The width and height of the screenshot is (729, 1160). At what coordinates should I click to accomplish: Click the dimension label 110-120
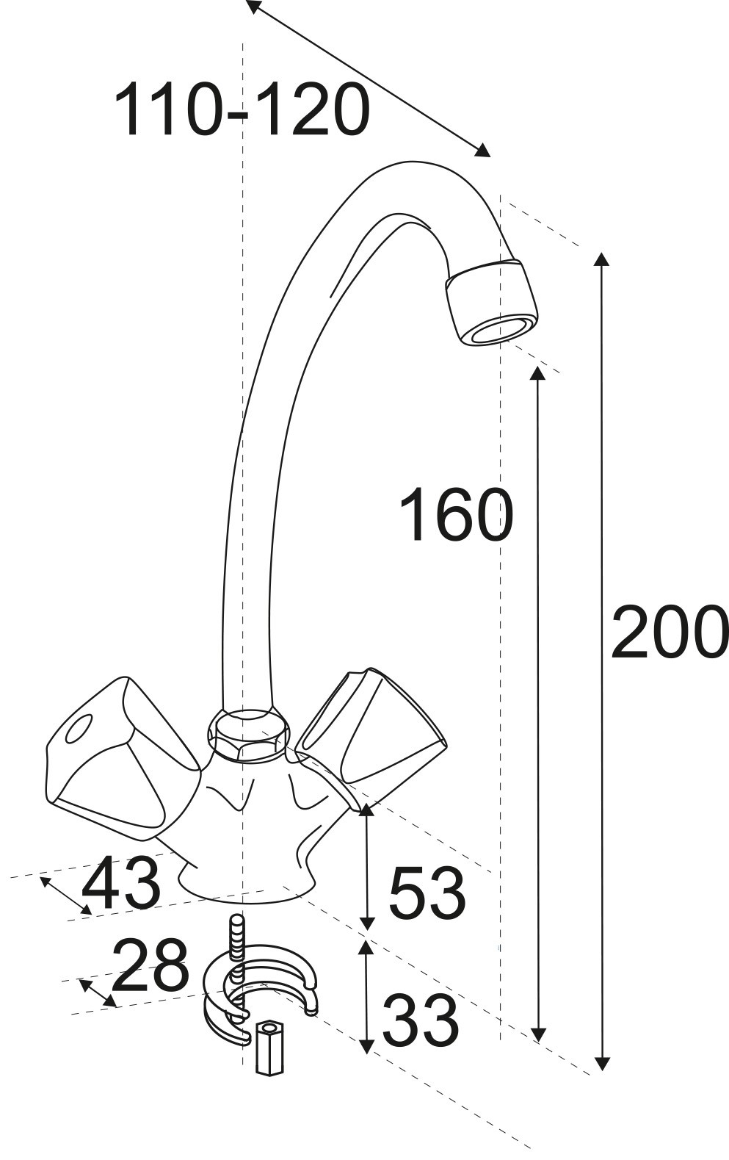coord(242,109)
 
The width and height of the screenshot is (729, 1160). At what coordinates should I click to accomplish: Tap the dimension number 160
coord(457,514)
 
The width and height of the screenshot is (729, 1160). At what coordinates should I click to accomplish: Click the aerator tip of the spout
coord(492,302)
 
